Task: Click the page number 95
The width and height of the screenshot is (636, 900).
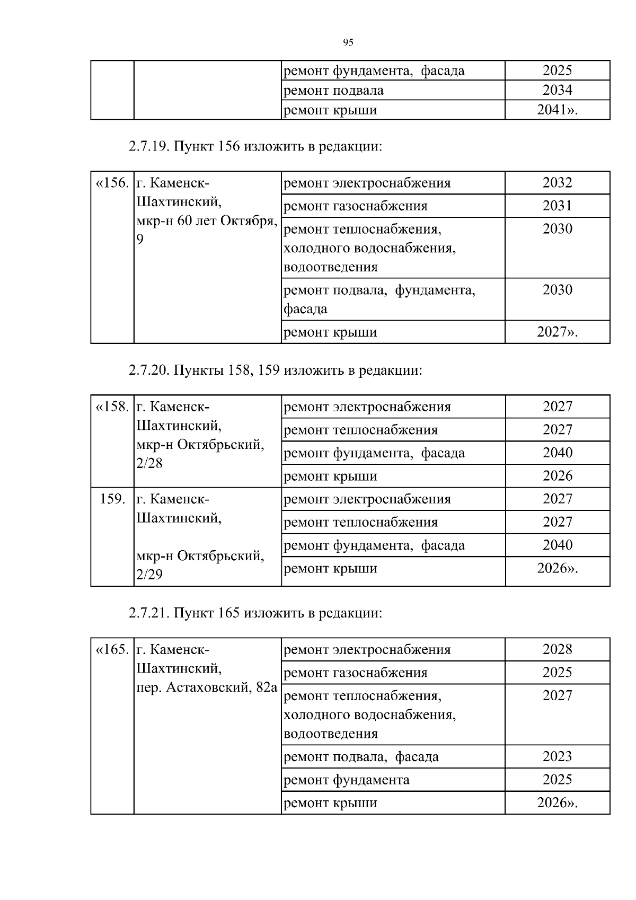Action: point(348,43)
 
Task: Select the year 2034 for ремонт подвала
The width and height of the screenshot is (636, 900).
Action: point(557,90)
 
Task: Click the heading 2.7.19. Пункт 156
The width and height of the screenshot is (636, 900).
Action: point(255,146)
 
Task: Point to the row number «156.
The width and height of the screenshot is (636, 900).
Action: point(112,183)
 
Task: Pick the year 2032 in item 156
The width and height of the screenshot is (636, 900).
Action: point(557,183)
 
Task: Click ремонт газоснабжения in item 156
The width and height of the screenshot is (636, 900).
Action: point(356,206)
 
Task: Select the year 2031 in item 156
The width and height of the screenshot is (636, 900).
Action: point(557,206)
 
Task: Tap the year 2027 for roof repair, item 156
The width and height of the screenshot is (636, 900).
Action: point(556,332)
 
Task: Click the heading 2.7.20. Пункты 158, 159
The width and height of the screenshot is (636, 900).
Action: point(275,370)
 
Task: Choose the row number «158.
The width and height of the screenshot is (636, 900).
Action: point(112,407)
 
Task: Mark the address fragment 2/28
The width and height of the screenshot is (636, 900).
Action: point(149,463)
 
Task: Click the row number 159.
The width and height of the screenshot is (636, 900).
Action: point(112,499)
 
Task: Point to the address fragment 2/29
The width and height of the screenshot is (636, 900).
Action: point(149,575)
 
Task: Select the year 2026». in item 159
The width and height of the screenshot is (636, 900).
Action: point(557,568)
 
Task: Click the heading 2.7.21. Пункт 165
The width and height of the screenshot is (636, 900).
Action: point(255,613)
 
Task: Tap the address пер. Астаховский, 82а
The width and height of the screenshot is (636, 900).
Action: point(207,687)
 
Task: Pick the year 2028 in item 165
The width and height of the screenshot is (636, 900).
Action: point(557,649)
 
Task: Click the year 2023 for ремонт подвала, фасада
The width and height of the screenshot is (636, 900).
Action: point(557,756)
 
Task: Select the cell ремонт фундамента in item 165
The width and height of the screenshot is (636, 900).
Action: point(347,780)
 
